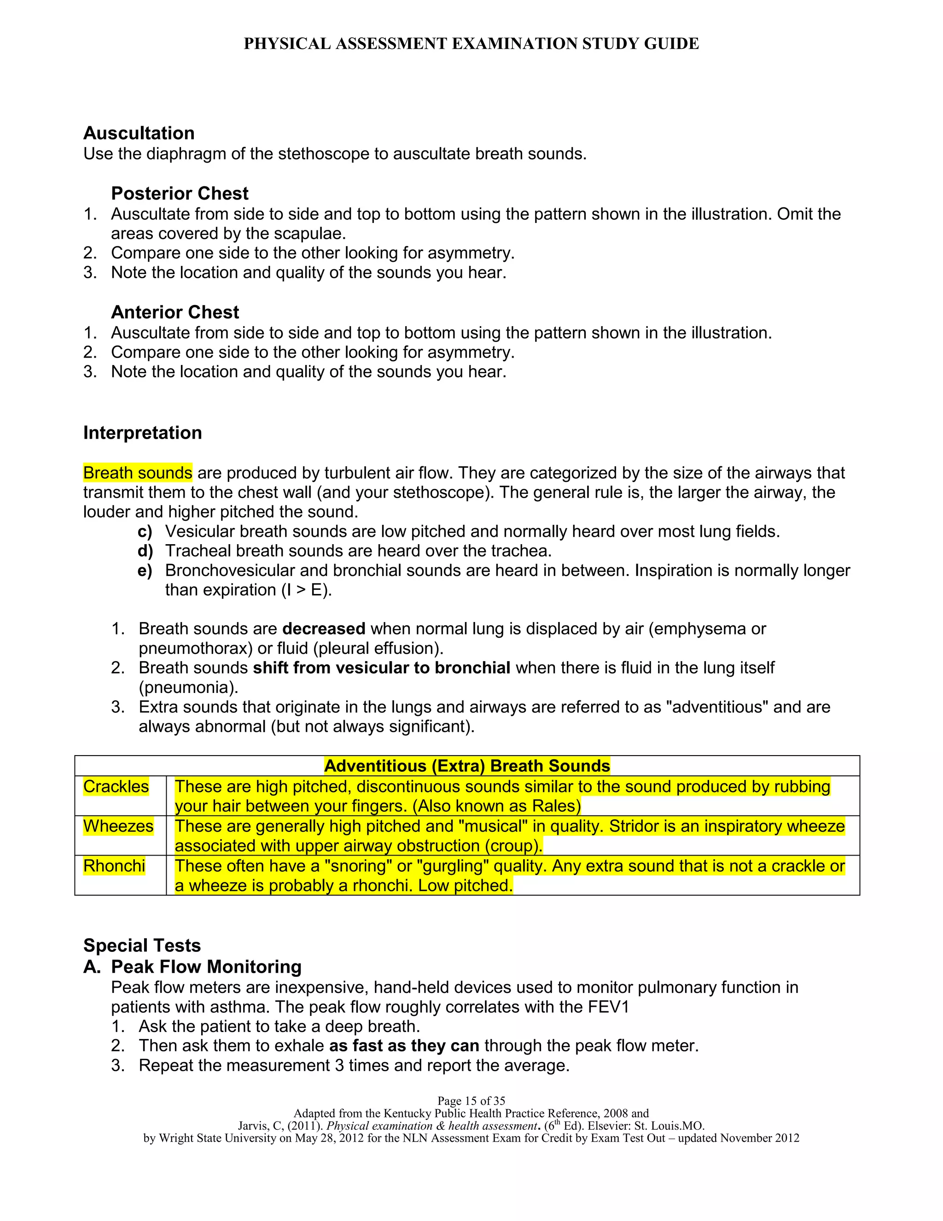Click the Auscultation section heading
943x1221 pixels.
point(139,133)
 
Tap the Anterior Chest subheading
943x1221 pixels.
point(175,312)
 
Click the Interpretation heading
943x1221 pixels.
point(142,433)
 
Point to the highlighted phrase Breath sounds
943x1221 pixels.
point(137,473)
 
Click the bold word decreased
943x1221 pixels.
point(324,629)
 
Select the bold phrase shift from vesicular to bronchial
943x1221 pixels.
point(382,668)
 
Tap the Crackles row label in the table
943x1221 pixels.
point(116,787)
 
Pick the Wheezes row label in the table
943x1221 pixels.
point(118,826)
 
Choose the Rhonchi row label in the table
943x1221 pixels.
point(115,866)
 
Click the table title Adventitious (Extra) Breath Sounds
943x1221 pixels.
point(467,766)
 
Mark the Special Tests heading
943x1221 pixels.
point(142,945)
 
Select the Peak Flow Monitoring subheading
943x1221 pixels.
point(206,967)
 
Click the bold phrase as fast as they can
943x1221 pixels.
point(404,1046)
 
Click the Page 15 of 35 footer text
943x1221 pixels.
point(471,1101)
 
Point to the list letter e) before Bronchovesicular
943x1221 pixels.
point(145,571)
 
